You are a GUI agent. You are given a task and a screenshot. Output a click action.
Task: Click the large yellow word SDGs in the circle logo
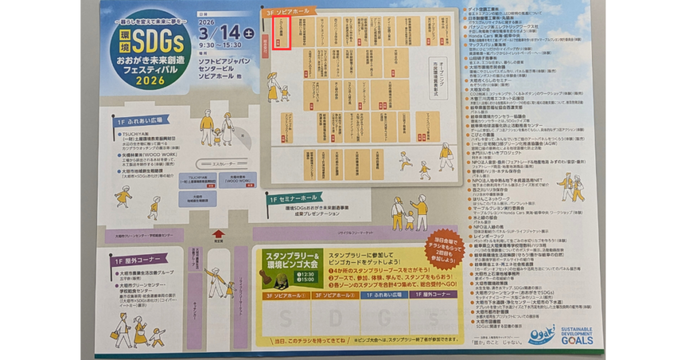[159, 43]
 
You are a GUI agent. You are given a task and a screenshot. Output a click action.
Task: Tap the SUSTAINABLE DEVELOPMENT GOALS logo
[577, 335]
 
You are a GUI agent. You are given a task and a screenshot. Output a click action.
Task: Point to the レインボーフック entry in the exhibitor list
[492, 237]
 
